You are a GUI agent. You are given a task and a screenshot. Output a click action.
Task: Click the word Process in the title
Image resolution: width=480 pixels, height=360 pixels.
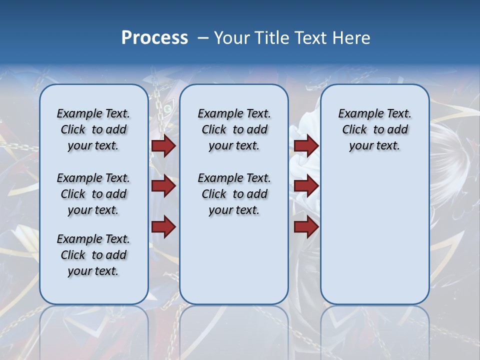click(x=154, y=38)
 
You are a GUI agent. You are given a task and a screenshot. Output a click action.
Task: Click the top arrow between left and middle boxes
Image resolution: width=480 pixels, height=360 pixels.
click(x=163, y=146)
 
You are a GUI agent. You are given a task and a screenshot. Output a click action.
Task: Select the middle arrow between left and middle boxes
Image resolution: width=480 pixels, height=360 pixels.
click(x=163, y=186)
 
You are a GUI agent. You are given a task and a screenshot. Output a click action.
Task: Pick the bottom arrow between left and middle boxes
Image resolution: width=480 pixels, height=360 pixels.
click(x=163, y=226)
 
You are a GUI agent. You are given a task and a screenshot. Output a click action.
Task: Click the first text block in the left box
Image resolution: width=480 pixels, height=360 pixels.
click(x=93, y=129)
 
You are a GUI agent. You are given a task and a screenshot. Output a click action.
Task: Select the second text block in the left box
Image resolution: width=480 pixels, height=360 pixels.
click(x=93, y=194)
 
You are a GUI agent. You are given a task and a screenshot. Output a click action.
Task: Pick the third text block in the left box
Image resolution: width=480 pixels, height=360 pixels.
click(x=93, y=255)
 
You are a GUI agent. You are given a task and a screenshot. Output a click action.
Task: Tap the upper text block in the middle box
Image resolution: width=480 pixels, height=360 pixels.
click(x=234, y=129)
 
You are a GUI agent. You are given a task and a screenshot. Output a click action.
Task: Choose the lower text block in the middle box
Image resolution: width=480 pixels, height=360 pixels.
click(x=234, y=194)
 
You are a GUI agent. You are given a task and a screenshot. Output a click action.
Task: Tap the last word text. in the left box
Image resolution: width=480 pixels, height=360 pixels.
click(x=106, y=271)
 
